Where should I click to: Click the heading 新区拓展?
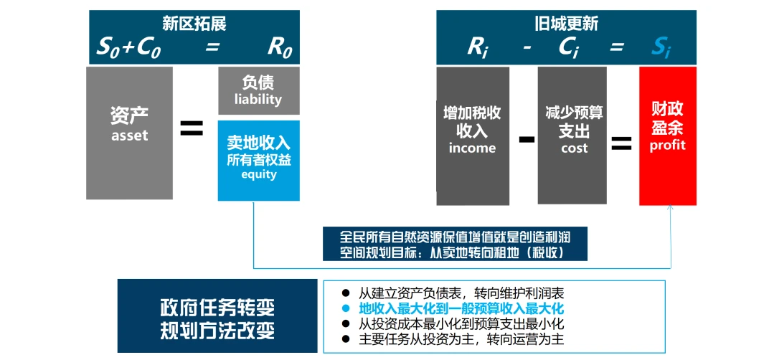pos(194,24)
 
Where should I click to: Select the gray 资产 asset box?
pos(129,133)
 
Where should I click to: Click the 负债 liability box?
pos(258,91)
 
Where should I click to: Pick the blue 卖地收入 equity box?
pos(258,161)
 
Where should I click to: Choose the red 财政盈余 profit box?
pos(667,136)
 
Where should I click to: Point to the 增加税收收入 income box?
pos(472,136)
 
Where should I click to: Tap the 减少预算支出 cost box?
pos(572,136)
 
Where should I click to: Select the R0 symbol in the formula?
pos(280,48)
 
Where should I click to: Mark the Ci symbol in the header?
pos(571,48)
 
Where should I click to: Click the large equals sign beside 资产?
pos(192,128)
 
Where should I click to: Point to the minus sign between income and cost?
pos(527,140)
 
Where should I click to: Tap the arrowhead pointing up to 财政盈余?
pos(671,208)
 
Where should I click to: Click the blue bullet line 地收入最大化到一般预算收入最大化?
pos(461,309)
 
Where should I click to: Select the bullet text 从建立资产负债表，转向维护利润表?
pos(461,294)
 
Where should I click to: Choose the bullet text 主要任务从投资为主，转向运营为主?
pos(461,339)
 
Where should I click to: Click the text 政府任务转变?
pos(217,308)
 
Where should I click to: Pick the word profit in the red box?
pos(667,146)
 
